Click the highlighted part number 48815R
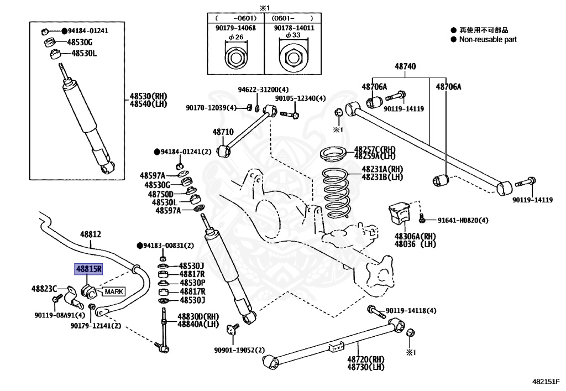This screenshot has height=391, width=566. pyautogui.click(x=89, y=269)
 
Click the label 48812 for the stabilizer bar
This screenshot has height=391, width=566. pyautogui.click(x=90, y=234)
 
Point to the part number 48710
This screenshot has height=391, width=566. pyautogui.click(x=223, y=132)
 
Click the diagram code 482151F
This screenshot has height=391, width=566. pyautogui.click(x=546, y=382)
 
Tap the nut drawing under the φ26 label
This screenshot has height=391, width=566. pyautogui.click(x=235, y=56)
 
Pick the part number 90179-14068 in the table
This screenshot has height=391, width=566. pyautogui.click(x=235, y=28)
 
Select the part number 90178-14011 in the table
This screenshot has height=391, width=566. pyautogui.click(x=292, y=28)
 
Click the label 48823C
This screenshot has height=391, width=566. pyautogui.click(x=44, y=288)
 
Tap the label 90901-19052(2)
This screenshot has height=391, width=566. pyautogui.click(x=239, y=350)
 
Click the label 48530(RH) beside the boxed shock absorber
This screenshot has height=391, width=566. pyautogui.click(x=148, y=96)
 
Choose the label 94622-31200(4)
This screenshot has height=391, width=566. pyautogui.click(x=263, y=90)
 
